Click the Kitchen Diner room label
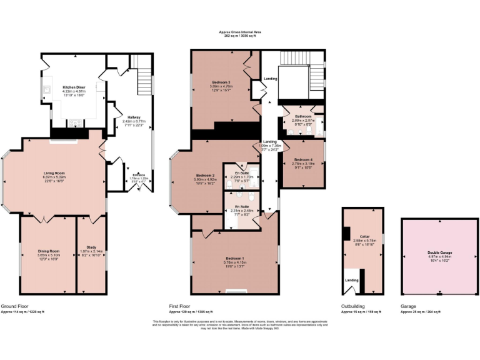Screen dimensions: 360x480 (x=74, y=87)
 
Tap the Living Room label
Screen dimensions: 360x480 (x=54, y=173)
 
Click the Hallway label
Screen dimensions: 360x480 (x=134, y=117)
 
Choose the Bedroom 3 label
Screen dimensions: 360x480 (x=221, y=82)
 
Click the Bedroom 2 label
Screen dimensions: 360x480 (x=205, y=174)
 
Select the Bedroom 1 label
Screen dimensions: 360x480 (x=234, y=258)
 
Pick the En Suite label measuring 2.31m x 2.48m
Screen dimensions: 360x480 (x=242, y=206)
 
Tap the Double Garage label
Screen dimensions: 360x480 (x=440, y=253)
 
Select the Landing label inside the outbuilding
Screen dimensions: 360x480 (x=351, y=280)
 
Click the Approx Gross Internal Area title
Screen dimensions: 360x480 (x=240, y=31)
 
